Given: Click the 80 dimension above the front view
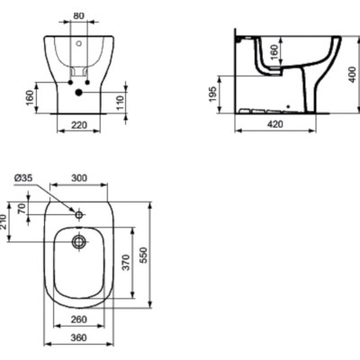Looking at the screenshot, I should (78, 15).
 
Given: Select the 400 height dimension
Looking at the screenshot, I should (353, 74).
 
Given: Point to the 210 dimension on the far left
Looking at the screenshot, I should (5, 220).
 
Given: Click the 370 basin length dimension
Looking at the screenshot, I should (127, 263).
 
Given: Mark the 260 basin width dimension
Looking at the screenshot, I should (78, 319).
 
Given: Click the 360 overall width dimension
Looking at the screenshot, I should (78, 339).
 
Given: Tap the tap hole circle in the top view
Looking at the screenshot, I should (79, 215).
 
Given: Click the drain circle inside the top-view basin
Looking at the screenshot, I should (79, 242).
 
